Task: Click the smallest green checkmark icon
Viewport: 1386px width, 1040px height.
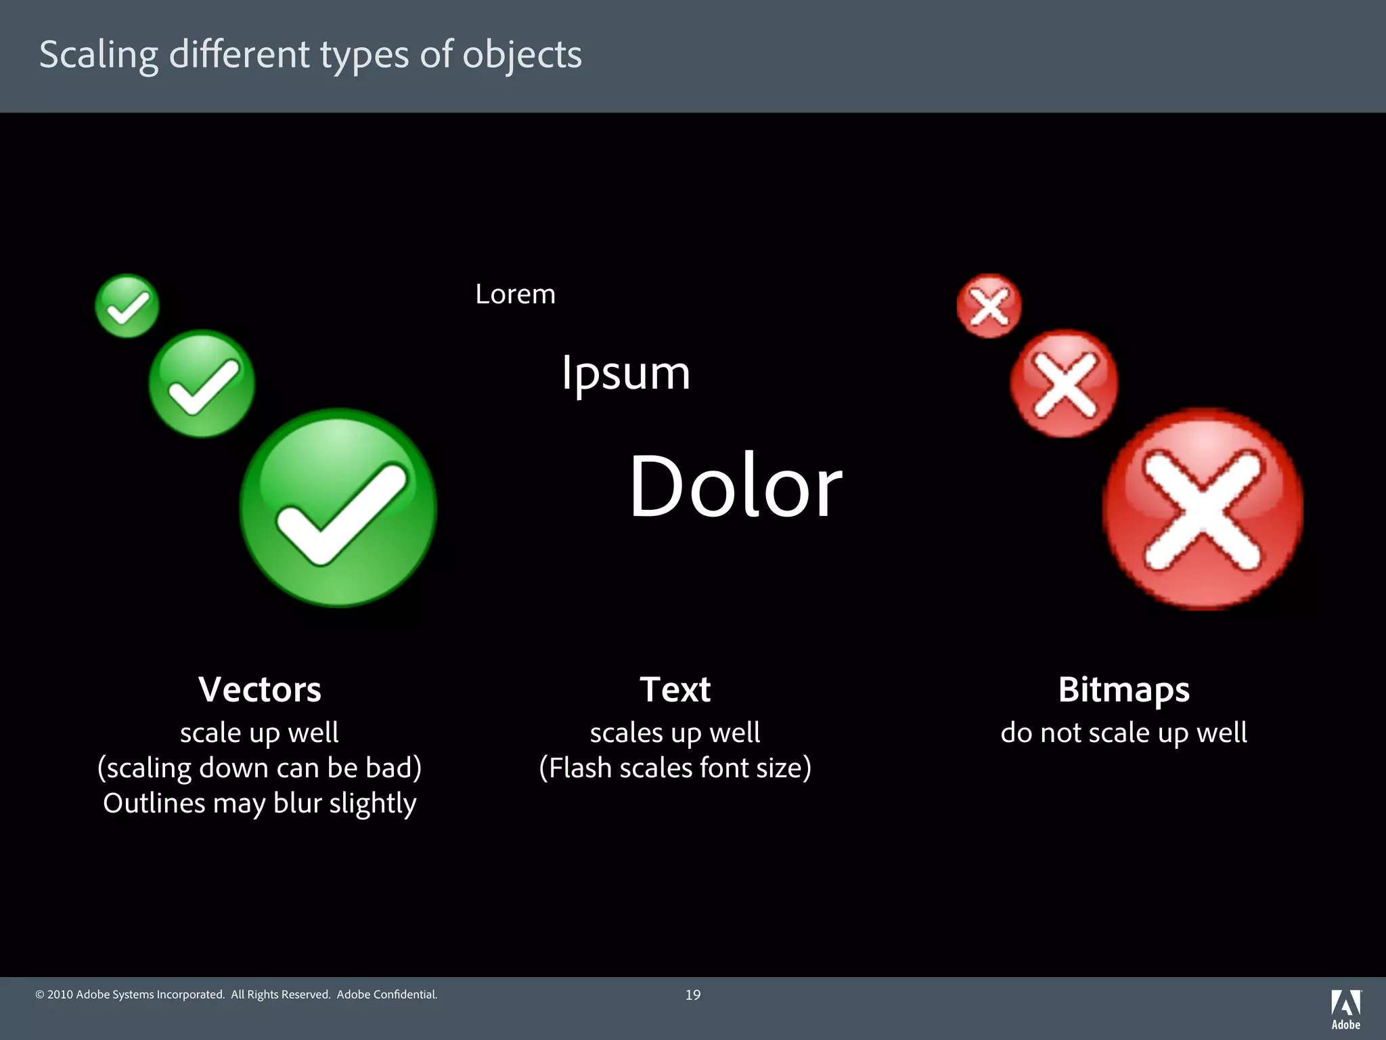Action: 127,306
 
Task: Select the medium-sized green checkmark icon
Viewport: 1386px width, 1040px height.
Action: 202,384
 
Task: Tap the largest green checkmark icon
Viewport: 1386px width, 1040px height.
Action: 338,508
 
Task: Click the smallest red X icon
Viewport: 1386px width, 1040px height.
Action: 989,306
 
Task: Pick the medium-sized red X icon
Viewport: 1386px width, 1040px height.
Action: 1064,384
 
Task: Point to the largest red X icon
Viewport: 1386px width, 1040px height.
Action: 1203,509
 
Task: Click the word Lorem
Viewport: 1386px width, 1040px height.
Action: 515,295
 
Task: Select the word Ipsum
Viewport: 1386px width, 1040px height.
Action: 626,374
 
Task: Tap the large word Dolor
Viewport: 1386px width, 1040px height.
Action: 736,486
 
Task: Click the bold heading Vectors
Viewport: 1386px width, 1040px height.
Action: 260,690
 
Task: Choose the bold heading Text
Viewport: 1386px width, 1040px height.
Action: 675,690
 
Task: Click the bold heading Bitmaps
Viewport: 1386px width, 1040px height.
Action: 1123,690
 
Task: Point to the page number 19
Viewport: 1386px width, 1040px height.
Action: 693,995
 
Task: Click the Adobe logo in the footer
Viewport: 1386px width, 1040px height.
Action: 1345,1009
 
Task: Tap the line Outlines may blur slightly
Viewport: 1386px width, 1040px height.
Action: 260,804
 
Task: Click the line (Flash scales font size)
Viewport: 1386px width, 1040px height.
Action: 675,768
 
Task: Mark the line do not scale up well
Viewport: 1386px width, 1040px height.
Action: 1123,733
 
